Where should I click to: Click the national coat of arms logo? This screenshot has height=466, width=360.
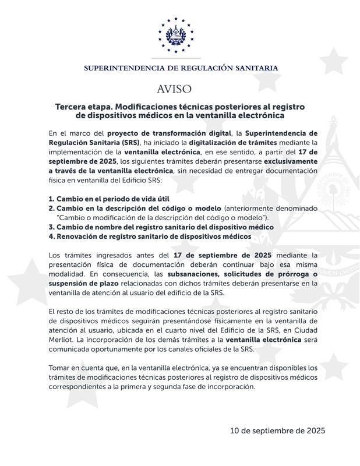pos(180,36)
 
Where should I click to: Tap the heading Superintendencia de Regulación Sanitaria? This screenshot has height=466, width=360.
pos(181,68)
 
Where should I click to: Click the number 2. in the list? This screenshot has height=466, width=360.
pos(52,208)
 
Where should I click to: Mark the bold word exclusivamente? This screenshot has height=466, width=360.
pos(290,161)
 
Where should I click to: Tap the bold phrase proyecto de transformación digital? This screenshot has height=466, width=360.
pos(160,133)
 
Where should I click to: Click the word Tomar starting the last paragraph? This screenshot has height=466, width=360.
pos(60,368)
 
